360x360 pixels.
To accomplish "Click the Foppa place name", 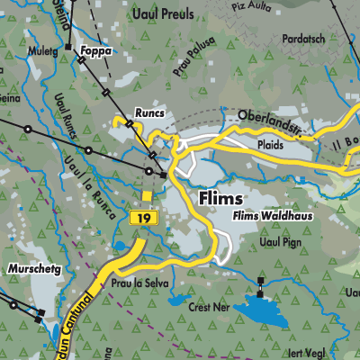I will pos(94,51).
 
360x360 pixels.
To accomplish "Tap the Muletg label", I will pos(42,52).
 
